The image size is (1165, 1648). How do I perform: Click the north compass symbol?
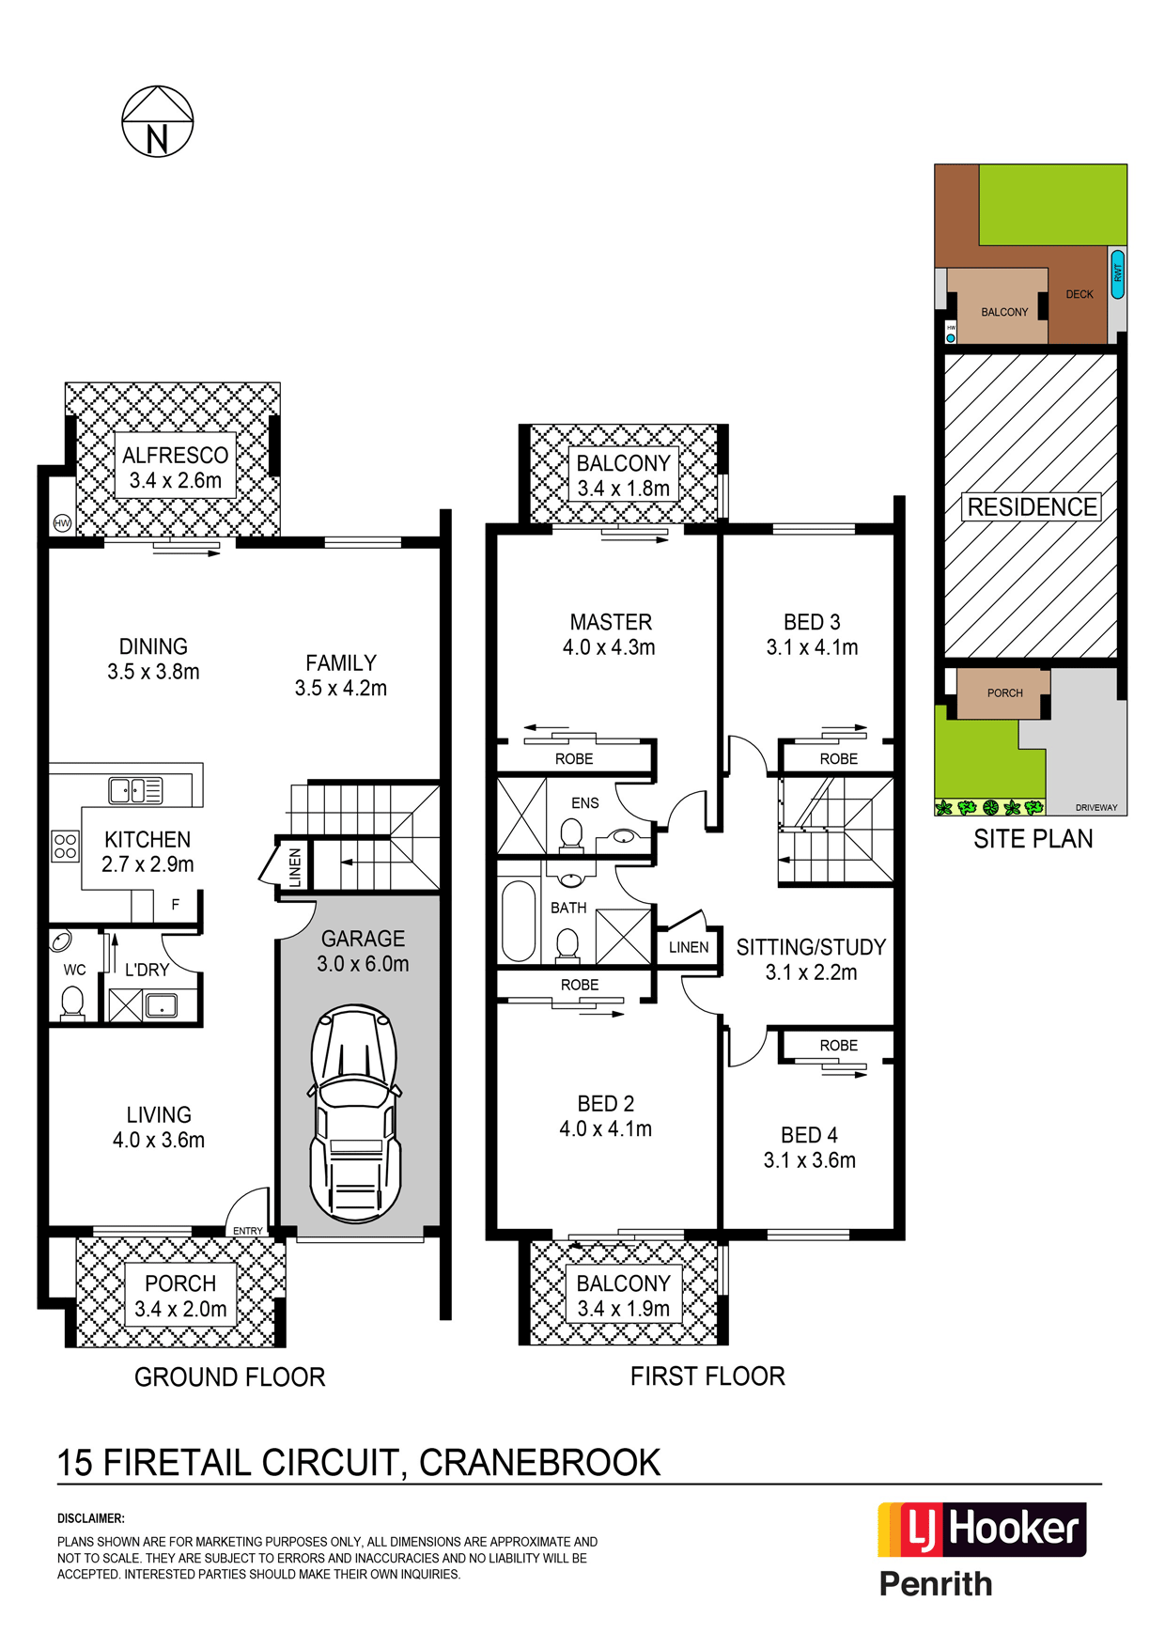point(158,121)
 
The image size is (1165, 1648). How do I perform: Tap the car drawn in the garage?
point(354,1113)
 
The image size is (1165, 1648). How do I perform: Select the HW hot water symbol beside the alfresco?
point(63,523)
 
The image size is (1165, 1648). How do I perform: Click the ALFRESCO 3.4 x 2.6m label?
point(176,468)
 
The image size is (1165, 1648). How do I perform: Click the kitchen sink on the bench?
point(135,790)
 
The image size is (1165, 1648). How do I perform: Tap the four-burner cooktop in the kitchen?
point(66,847)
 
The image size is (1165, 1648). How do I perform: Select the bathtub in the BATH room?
point(519,921)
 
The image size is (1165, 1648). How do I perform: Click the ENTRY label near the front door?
point(248,1231)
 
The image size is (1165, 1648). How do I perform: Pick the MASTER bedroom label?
point(611,622)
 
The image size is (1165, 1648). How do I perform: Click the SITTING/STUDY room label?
point(811,947)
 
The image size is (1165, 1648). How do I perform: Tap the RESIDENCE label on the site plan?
point(1033,507)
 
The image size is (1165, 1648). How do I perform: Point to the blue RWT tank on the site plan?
point(1118,273)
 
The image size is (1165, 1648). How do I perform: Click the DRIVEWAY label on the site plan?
point(1096,808)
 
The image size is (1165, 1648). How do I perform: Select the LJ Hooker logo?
point(982,1530)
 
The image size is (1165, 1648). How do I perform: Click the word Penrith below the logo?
point(936,1584)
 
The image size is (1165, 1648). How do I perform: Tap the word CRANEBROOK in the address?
point(540,1463)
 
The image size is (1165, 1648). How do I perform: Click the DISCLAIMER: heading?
point(91,1518)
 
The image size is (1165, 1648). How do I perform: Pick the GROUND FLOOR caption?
point(230,1377)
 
